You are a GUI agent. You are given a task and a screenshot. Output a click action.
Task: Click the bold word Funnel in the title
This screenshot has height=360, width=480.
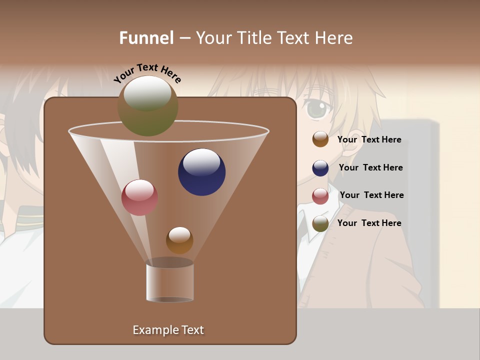tap(146, 38)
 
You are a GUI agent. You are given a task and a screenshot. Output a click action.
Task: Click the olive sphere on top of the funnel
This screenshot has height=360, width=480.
tap(147, 105)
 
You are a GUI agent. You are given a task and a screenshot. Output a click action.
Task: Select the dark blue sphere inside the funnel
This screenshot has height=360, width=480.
tap(201, 172)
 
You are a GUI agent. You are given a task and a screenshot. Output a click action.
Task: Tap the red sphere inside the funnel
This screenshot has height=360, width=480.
tap(139, 197)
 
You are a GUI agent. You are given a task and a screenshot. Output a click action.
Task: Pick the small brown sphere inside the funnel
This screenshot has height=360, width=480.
tap(179, 240)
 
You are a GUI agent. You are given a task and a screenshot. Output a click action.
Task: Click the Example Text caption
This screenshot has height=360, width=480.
tap(168, 330)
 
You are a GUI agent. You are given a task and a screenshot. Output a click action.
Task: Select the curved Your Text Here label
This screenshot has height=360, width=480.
tap(147, 73)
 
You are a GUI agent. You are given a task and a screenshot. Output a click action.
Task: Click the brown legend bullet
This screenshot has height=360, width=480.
tap(320, 139)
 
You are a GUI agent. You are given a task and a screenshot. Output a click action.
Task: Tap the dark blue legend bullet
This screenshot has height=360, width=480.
tap(320, 168)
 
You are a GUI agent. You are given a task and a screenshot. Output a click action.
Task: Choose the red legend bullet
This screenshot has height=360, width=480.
tap(320, 196)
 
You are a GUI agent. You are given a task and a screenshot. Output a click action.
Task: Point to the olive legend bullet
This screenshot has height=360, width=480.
tap(320, 223)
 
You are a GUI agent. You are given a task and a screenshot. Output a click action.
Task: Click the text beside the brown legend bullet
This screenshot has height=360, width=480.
tap(369, 139)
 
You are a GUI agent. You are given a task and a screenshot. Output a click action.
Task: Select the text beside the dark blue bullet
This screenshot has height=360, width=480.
tap(370, 167)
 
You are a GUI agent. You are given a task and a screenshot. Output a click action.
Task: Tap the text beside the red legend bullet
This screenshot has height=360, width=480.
tap(371, 195)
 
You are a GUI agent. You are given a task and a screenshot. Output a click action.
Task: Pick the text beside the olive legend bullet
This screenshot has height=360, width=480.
tap(369, 223)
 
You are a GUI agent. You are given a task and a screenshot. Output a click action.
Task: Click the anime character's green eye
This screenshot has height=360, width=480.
tap(316, 109)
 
